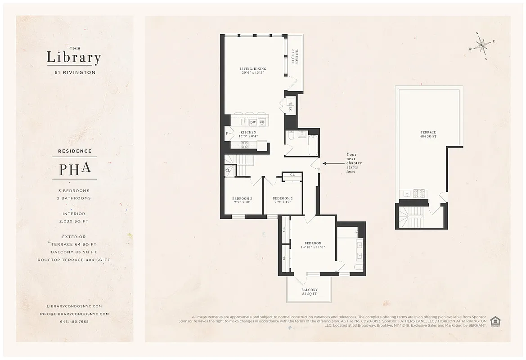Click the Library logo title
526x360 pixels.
(74, 57)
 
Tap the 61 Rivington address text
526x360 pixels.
(74, 72)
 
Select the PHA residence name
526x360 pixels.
(75, 168)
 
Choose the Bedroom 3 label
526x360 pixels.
(242, 200)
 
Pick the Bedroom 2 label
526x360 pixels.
(283, 200)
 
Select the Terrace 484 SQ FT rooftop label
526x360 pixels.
(428, 134)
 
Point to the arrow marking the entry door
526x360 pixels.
(332, 163)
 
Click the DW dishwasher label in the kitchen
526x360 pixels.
(253, 122)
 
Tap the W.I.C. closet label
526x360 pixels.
(290, 108)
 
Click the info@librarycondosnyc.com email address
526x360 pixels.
(74, 314)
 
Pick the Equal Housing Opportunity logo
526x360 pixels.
(495, 321)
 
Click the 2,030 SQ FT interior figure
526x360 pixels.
(74, 221)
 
